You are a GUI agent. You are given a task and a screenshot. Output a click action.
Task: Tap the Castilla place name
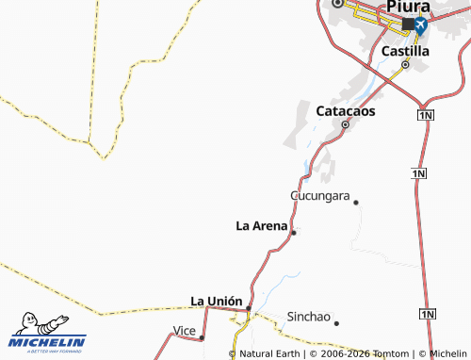point(407,49)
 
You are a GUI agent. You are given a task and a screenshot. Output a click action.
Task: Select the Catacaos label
point(345,110)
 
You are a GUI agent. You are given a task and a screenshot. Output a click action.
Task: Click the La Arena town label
point(261,225)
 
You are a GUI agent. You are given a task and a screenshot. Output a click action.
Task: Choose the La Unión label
point(216,301)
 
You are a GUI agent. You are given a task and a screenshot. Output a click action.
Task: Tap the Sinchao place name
point(308,317)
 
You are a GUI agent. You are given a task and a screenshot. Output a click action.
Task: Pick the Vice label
point(184,330)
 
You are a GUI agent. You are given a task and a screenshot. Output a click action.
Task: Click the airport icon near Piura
point(419,25)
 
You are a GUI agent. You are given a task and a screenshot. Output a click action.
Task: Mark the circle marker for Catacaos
point(345,124)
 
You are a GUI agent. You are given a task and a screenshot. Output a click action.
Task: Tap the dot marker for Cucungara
point(356,202)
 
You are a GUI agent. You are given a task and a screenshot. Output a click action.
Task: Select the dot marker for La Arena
point(294,232)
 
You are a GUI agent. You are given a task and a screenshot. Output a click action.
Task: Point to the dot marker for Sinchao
point(336,323)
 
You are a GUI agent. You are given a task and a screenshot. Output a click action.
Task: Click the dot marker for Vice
point(202,336)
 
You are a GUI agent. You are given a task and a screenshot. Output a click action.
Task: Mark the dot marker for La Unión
point(248,307)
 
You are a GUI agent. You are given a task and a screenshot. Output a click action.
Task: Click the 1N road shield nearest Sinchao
point(428,313)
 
